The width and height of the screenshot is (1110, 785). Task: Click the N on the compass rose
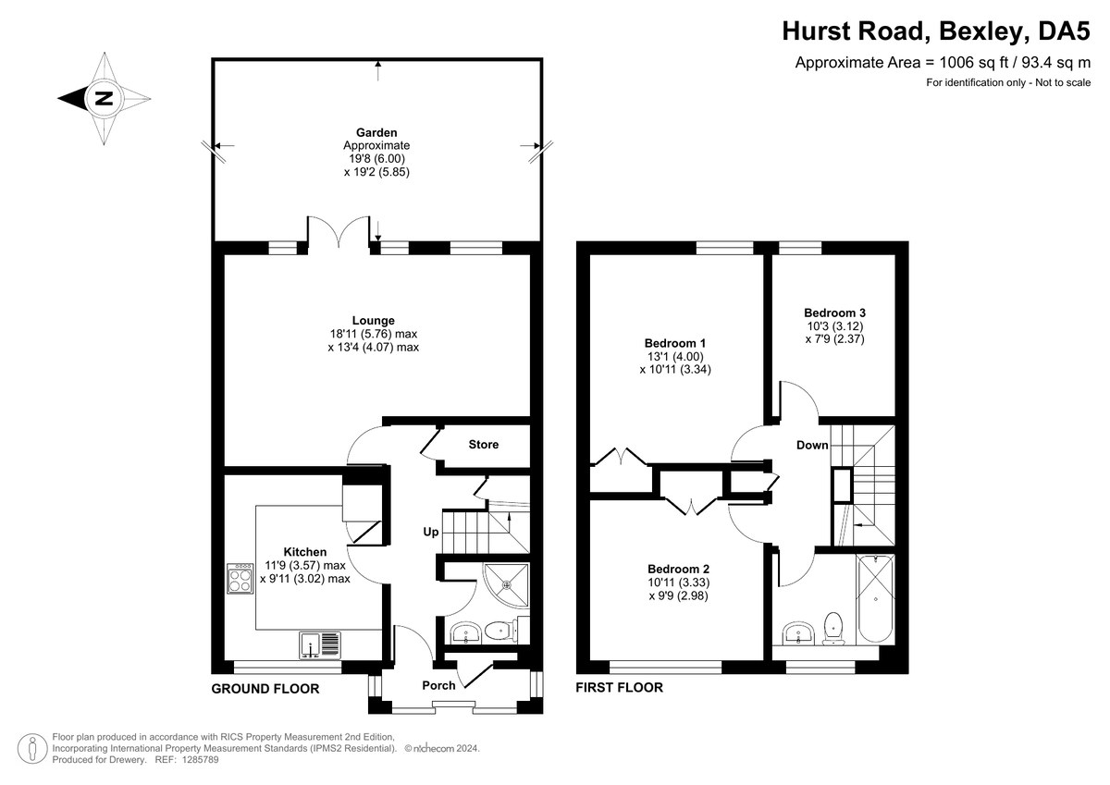click(104, 99)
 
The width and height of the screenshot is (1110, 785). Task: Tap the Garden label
click(376, 132)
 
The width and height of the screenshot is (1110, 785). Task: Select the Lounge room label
click(373, 321)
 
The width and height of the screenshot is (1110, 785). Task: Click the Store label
click(484, 444)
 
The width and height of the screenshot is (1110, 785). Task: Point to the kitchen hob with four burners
click(240, 578)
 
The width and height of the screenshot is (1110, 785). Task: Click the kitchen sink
click(320, 645)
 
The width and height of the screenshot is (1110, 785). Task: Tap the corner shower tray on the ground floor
click(507, 585)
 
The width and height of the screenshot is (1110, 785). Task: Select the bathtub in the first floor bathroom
click(875, 598)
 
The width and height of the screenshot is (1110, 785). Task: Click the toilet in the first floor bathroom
click(833, 629)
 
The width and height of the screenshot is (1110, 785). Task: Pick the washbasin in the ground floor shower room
click(465, 632)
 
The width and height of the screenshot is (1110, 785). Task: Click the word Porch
click(438, 685)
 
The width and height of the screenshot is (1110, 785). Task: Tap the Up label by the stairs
click(431, 532)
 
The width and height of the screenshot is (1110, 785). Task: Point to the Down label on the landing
click(812, 446)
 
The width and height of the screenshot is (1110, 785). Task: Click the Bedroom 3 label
click(834, 313)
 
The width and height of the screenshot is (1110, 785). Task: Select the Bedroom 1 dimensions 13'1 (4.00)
click(675, 356)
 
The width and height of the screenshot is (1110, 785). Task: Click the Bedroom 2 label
click(678, 569)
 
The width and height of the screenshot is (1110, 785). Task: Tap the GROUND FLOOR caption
click(265, 689)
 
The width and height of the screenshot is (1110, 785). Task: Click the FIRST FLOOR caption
click(620, 687)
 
